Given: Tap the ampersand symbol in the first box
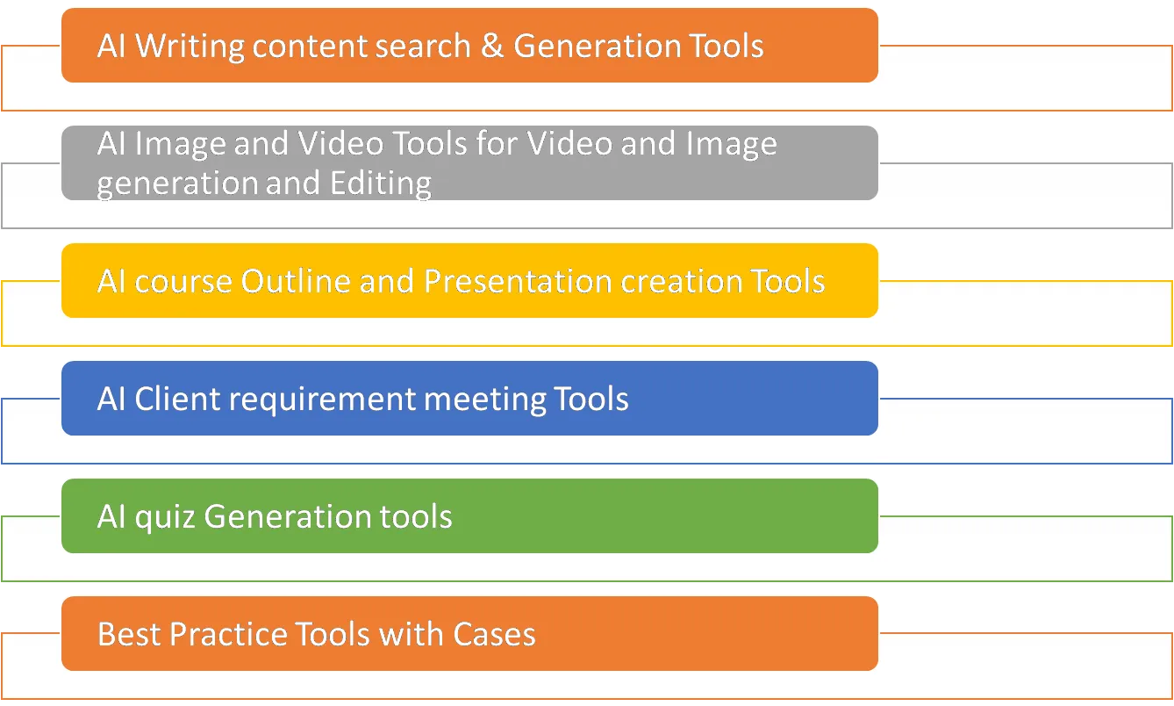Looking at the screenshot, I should tap(492, 46).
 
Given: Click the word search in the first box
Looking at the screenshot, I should tap(424, 46).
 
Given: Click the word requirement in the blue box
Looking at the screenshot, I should tap(322, 400).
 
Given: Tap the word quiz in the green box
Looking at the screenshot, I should tap(165, 516).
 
